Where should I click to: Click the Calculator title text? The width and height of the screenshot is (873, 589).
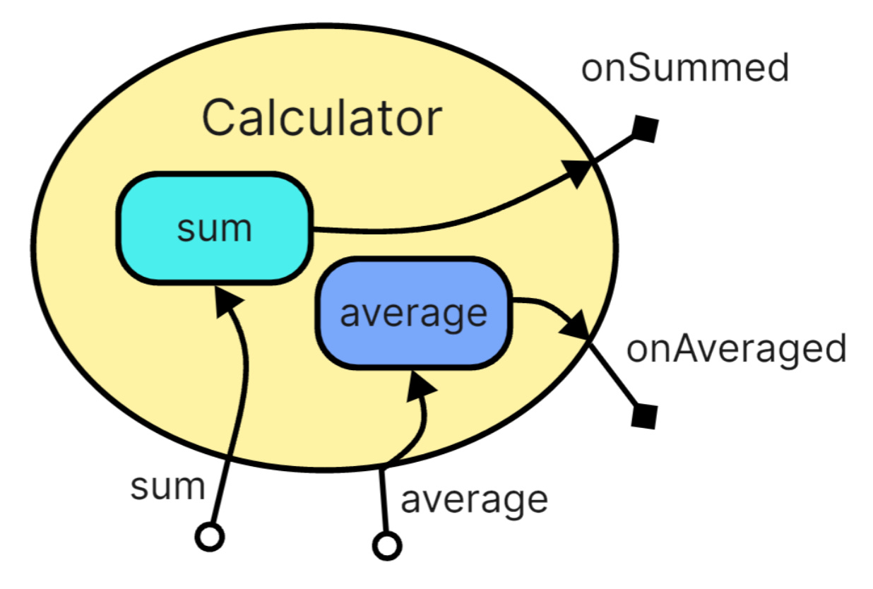[x=322, y=119]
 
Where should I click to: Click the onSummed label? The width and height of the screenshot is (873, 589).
[x=684, y=69]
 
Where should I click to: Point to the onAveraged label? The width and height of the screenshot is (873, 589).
[x=737, y=349]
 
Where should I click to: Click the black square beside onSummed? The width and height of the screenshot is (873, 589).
[x=644, y=129]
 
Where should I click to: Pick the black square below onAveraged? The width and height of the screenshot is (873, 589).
[x=643, y=415]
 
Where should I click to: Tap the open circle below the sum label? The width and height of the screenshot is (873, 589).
[x=209, y=537]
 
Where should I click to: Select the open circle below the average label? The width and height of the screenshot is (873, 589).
[x=386, y=545]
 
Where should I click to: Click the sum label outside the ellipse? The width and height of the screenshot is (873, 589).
[x=167, y=487]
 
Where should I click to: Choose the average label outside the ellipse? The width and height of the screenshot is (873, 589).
[x=474, y=499]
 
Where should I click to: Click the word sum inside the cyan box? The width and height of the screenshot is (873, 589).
[x=214, y=230]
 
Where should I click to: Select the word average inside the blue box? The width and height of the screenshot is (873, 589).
[x=414, y=313]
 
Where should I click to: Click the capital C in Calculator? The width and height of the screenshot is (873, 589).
[x=219, y=119]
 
